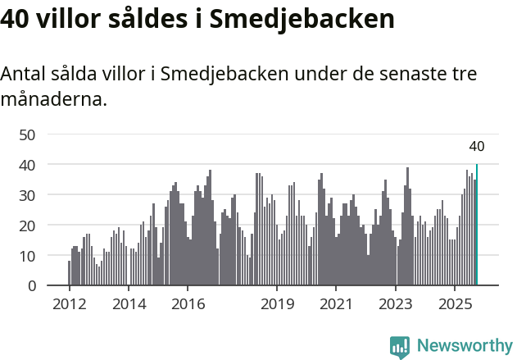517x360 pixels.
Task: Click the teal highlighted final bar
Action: [477, 226]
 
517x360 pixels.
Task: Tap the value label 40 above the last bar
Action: [477, 147]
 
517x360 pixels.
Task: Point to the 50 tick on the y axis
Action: [27, 134]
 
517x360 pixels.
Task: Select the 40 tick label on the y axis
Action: [27, 165]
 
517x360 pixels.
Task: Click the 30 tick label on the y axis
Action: [27, 195]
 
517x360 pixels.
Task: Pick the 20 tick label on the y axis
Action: [27, 226]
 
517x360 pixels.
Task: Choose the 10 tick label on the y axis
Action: [27, 256]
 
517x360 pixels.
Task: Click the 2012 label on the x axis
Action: [69, 304]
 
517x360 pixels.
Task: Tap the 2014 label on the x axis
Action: [129, 304]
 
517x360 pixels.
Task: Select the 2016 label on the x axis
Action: [188, 304]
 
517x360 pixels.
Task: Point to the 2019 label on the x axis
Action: [277, 304]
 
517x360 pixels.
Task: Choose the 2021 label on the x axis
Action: [336, 304]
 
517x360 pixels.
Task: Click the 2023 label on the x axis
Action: [396, 304]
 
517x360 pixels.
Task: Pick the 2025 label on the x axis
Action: [455, 304]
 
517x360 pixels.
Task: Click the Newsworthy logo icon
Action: [400, 346]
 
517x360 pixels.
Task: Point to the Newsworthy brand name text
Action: [464, 346]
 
